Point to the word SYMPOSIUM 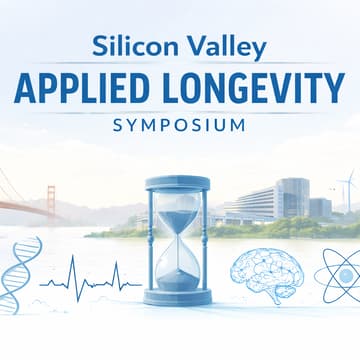tap(179, 127)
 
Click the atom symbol tap(335, 275)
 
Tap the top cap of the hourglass tap(178, 184)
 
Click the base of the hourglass tap(178, 297)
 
